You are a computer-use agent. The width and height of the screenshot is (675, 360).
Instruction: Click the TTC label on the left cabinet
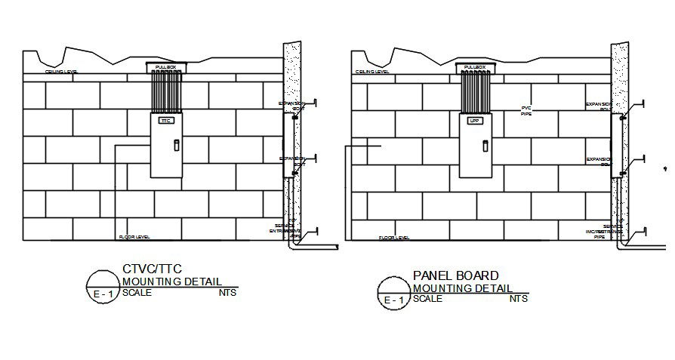click(166, 121)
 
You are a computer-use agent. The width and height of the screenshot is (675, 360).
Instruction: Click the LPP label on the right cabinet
click(475, 121)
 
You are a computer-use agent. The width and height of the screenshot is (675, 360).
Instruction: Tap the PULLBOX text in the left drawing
click(165, 68)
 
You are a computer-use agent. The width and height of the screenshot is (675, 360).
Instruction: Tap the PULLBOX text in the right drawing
click(475, 68)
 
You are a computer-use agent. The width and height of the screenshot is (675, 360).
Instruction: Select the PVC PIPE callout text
click(526, 111)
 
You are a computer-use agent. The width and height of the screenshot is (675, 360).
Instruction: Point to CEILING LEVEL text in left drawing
click(61, 72)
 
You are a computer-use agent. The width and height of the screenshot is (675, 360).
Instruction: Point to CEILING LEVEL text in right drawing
click(372, 72)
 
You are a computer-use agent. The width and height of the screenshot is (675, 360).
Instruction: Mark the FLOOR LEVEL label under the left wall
click(134, 237)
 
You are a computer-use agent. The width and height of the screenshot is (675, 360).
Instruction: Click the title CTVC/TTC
click(152, 269)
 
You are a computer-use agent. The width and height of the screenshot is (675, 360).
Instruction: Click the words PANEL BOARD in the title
click(455, 275)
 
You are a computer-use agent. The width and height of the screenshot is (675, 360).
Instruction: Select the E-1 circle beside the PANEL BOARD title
click(393, 293)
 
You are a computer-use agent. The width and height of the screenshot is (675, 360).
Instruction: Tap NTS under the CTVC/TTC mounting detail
click(228, 293)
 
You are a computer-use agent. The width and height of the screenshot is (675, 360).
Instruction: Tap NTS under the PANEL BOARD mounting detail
click(519, 299)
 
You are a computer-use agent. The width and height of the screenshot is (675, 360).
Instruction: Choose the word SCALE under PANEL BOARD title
click(428, 299)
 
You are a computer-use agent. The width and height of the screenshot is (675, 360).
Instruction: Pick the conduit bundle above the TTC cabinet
click(165, 93)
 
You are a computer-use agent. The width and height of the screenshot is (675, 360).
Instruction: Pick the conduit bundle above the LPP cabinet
click(475, 93)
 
